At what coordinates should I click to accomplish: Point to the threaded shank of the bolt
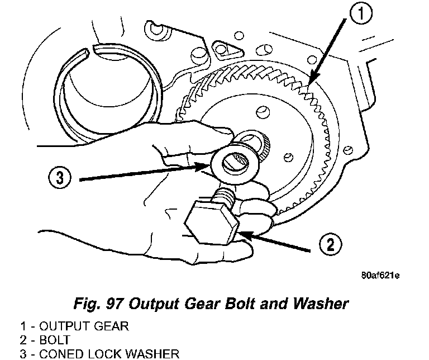pyautogui.click(x=224, y=196)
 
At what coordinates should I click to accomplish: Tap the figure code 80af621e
pyautogui.click(x=380, y=276)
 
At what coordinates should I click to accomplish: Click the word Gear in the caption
pyautogui.click(x=209, y=304)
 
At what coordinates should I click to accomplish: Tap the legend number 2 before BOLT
pyautogui.click(x=6, y=339)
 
